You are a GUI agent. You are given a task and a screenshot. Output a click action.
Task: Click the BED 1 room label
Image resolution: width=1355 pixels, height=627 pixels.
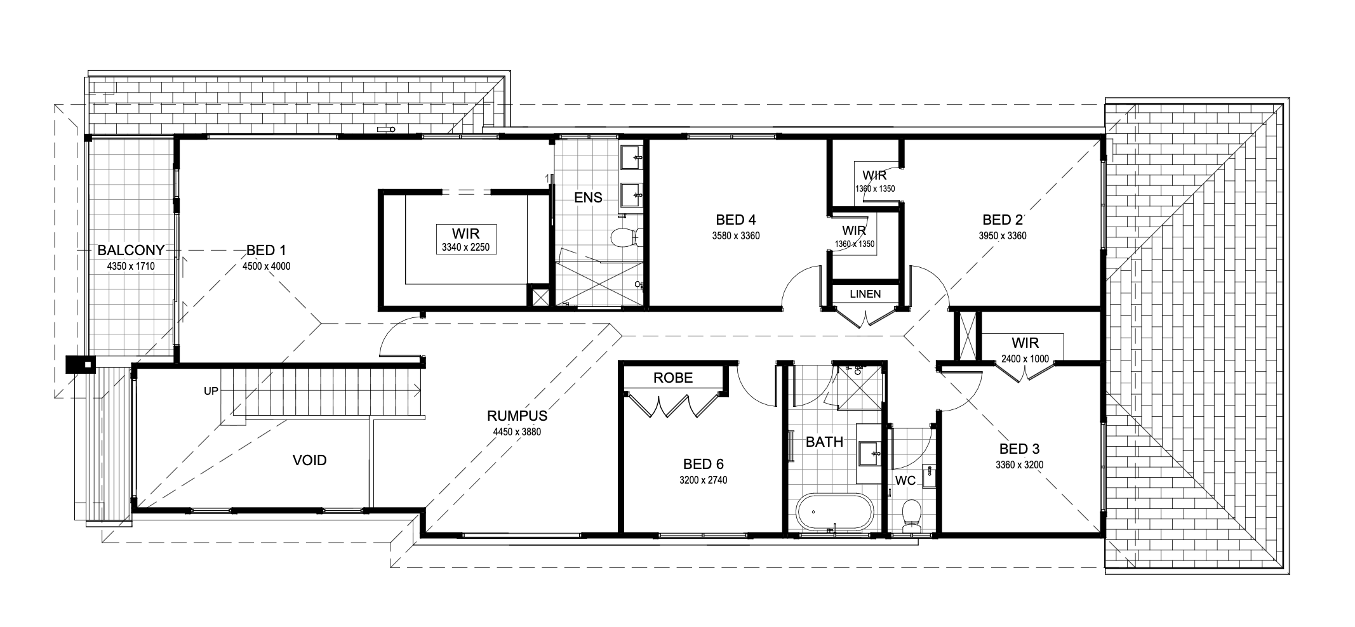(267, 250)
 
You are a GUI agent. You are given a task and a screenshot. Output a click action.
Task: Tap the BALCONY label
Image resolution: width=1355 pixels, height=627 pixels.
(131, 250)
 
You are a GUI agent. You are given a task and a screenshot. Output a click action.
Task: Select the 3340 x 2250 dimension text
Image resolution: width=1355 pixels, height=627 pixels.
(466, 247)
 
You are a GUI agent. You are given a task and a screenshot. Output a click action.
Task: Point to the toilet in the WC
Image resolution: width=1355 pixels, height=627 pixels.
(911, 513)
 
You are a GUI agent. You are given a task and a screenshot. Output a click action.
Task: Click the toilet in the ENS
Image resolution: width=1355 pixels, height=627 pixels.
(625, 238)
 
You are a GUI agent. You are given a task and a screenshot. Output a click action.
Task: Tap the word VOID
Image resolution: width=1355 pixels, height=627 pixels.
(310, 460)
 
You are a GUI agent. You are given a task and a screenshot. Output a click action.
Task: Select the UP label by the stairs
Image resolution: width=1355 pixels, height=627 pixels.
(211, 391)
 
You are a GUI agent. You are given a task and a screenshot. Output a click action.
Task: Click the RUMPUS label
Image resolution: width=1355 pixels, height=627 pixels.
(517, 416)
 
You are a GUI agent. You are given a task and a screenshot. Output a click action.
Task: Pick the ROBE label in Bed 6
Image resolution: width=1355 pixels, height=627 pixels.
(673, 378)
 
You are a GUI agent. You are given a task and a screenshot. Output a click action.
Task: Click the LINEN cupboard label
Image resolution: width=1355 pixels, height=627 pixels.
(865, 294)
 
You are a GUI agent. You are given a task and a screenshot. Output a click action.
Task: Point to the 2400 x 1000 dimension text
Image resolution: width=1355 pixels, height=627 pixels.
(1025, 358)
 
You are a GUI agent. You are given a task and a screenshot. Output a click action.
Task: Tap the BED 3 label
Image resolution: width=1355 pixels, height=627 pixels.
(1019, 449)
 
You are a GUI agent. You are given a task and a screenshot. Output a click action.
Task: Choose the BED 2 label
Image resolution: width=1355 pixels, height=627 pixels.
(1003, 220)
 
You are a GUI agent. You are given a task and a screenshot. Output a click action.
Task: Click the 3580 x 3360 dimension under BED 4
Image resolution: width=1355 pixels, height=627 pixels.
(736, 235)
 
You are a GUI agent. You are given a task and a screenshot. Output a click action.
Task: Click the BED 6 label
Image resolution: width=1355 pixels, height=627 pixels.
(704, 465)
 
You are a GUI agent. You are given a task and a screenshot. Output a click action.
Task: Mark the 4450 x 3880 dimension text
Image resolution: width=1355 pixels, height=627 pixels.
(517, 432)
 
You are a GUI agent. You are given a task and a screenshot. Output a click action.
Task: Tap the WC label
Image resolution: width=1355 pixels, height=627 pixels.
(905, 480)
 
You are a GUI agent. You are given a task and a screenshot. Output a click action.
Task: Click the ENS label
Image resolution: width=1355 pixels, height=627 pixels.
(588, 197)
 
